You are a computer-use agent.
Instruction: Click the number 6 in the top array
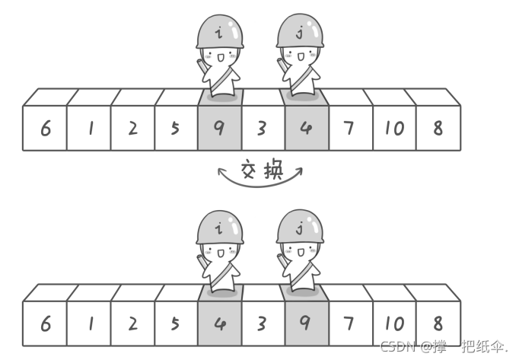coord(46,128)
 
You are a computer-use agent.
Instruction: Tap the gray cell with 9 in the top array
coord(219,128)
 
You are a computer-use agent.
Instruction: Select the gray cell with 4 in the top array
coord(307,128)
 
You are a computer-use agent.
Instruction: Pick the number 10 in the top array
coord(394,128)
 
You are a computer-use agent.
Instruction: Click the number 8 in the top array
coord(438,128)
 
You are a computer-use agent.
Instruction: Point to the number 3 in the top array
coord(263,128)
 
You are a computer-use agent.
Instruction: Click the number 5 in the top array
coord(176,128)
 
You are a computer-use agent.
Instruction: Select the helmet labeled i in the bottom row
coord(220,227)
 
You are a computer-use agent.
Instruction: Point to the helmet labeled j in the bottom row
coord(300,227)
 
